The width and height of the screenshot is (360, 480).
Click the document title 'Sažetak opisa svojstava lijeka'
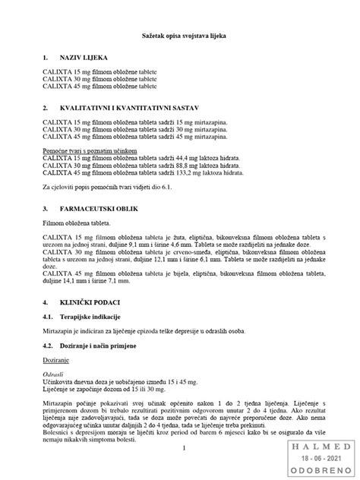tap(180, 36)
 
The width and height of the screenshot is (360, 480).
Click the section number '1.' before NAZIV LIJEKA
tap(46, 58)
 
